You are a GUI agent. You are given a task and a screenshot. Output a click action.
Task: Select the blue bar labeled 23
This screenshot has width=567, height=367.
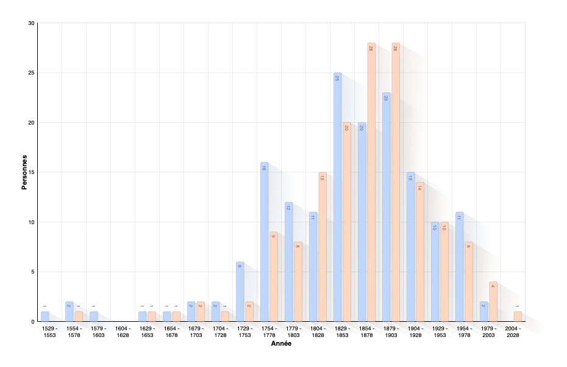coord(386,208)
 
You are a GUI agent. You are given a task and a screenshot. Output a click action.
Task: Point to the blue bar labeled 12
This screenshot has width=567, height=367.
coord(288,262)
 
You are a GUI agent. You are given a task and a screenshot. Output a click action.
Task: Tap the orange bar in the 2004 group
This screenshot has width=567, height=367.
coord(517,316)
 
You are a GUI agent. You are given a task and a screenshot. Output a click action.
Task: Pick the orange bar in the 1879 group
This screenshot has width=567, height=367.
coord(395,183)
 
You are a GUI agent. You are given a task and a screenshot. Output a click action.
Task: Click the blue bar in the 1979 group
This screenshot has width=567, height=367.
coord(483,311)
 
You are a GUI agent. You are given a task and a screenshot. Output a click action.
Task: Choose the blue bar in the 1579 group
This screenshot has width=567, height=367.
coord(93,316)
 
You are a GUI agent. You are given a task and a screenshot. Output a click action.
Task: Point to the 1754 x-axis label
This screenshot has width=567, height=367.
coord(268,329)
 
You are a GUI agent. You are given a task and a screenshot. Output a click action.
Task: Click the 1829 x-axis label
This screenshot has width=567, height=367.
coord(341,329)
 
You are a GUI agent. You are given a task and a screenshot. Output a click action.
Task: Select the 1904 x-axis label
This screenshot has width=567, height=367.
coord(414,329)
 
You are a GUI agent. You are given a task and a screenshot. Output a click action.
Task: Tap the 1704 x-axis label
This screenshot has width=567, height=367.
coord(219,329)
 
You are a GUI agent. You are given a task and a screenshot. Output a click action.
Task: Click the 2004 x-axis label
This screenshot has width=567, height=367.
coord(512,329)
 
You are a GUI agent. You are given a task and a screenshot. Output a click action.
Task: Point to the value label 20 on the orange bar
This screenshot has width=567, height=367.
coord(346,128)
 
